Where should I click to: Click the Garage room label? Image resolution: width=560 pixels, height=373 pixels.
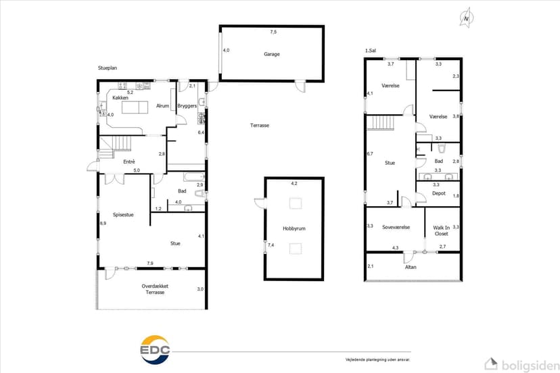coord(271,54)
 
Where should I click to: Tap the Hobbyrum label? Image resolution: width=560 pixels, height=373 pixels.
coord(294,228)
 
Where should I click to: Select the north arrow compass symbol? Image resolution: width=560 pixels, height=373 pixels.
coord(466,18)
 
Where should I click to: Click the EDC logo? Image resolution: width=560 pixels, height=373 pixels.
coord(155,349)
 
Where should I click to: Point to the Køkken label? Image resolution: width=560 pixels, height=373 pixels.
coord(120,98)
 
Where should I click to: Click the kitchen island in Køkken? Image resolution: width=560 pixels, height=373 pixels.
coord(135,107)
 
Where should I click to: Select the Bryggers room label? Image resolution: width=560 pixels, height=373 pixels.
coord(187,106)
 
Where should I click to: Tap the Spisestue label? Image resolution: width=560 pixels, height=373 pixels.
coord(123,215)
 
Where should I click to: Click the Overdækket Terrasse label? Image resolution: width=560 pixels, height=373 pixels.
coord(155,289)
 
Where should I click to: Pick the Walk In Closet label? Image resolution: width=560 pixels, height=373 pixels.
coord(442,230)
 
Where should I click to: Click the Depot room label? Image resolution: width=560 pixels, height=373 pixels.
coord(439,193)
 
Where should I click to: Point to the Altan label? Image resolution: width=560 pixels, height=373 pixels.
coord(411,267)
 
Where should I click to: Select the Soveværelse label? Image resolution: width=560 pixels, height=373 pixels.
coord(396,227)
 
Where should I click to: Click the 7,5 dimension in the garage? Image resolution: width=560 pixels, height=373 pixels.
coord(273,32)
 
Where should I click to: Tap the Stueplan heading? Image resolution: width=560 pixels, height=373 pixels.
coord(108,68)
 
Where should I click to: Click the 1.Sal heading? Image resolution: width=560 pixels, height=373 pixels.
coord(371,51)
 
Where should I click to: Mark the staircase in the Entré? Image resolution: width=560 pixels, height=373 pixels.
coord(115,147)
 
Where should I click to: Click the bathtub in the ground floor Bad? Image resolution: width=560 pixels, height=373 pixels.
coord(194,176)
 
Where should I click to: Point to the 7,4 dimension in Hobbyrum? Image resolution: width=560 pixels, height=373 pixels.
coord(271,245)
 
